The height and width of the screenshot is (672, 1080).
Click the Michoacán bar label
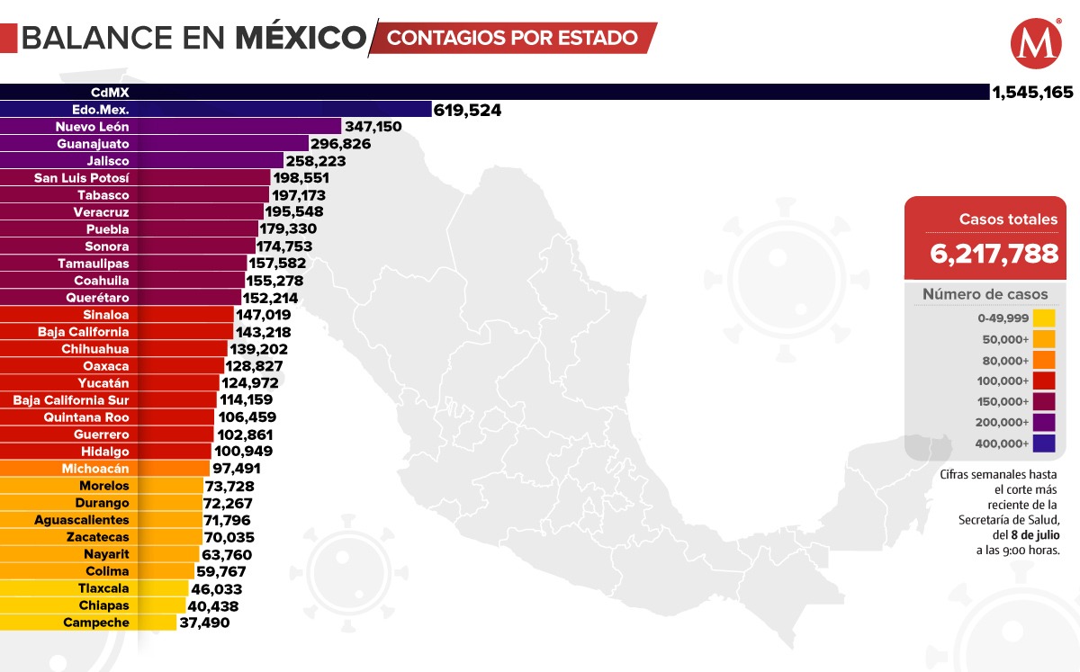pos(95,469)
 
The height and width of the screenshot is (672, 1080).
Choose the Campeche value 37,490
pos(205,623)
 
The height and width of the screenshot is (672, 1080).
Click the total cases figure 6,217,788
pos(994,254)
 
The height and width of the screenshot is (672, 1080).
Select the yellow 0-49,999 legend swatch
pos(1044,318)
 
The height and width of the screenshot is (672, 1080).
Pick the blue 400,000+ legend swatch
pos(1044,443)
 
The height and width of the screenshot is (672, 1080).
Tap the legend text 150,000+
pos(1003,401)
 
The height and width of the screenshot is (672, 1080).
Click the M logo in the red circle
pos(1035,44)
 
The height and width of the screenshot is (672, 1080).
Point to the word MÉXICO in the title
pos(301,38)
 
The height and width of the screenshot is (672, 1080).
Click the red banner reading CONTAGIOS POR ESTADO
pos(513,38)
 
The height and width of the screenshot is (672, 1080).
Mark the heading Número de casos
pos(985,294)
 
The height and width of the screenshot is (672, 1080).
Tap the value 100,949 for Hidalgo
pos(243,452)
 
